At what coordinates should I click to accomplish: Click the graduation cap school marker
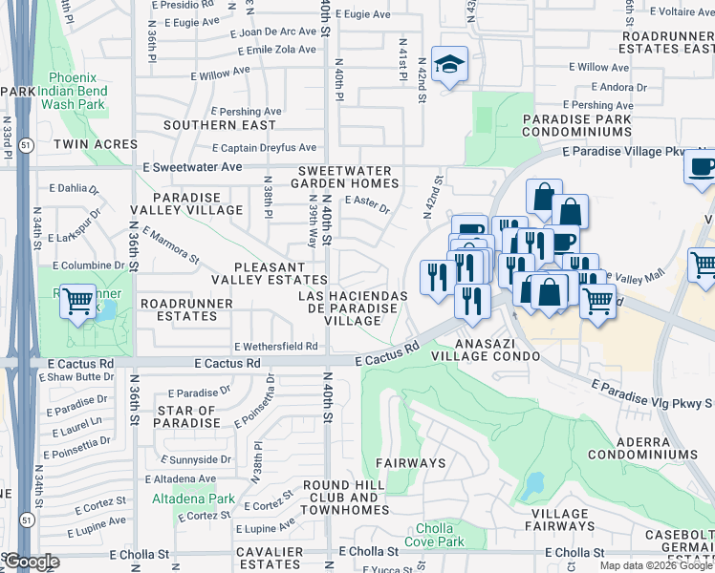(x=449, y=63)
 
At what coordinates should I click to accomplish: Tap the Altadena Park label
(x=193, y=499)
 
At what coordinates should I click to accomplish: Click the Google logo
(x=31, y=562)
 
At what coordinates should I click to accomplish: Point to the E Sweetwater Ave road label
(x=192, y=166)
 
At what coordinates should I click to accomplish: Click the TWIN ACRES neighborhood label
(x=96, y=144)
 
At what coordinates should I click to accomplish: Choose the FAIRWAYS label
(x=410, y=463)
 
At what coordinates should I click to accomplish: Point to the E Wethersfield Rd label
(x=275, y=346)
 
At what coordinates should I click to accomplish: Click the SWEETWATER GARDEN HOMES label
(x=344, y=176)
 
